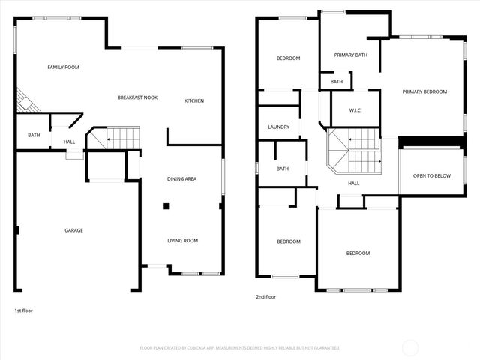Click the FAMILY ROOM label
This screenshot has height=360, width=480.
tap(63, 67)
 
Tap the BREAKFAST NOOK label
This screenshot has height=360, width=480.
tap(137, 97)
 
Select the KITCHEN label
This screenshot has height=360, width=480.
tap(194, 100)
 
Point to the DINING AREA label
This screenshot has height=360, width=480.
tap(181, 178)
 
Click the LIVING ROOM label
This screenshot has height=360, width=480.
tap(182, 241)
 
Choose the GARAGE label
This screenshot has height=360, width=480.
tap(73, 230)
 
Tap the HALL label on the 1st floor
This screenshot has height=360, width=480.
tap(69, 142)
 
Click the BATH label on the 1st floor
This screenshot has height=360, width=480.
tap(34, 136)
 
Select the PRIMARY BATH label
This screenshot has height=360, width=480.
tap(350, 55)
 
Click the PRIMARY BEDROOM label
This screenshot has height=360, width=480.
tap(424, 91)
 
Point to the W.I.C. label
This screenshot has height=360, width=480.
tap(355, 111)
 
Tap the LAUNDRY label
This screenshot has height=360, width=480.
tap(278, 127)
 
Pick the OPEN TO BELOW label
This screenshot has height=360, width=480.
tap(432, 176)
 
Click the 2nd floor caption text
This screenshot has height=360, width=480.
tap(266, 297)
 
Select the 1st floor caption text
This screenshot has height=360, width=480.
tap(23, 310)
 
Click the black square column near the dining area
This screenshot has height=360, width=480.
tap(166, 205)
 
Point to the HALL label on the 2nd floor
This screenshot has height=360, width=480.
tap(353, 183)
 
